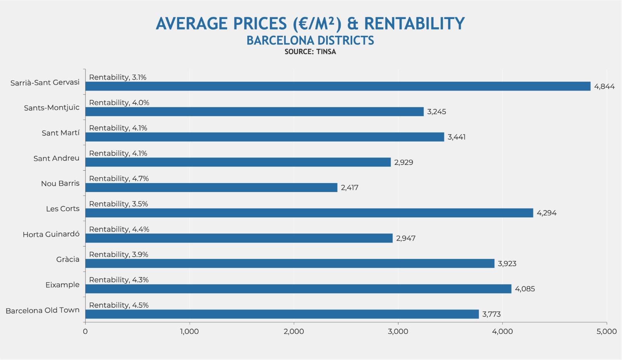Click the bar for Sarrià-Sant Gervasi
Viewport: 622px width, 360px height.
click(x=337, y=86)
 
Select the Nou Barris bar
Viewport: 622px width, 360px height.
click(x=211, y=187)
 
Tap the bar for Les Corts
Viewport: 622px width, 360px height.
click(x=309, y=213)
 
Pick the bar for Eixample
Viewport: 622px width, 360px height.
click(x=298, y=289)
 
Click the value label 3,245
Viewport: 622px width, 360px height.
click(x=437, y=112)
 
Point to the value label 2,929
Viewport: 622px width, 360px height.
click(x=404, y=163)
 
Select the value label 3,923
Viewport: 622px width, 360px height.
click(x=507, y=264)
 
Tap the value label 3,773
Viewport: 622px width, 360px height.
click(x=491, y=314)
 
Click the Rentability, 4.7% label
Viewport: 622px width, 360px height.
click(x=119, y=178)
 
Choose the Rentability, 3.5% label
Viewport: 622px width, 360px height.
click(x=119, y=204)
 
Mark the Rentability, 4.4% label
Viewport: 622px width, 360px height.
click(x=119, y=229)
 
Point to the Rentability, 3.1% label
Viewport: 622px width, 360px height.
click(x=118, y=77)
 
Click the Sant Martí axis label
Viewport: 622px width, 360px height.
click(x=60, y=133)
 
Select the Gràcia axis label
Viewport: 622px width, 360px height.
click(x=68, y=259)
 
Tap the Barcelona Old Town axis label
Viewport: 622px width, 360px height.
click(x=42, y=310)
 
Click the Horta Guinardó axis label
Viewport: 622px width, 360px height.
click(x=51, y=234)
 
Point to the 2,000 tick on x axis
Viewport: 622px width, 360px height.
click(x=294, y=332)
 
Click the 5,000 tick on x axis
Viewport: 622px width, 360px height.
click(x=606, y=332)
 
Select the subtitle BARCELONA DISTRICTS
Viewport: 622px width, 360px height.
click(x=310, y=40)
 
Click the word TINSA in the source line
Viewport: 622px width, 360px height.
click(x=326, y=52)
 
